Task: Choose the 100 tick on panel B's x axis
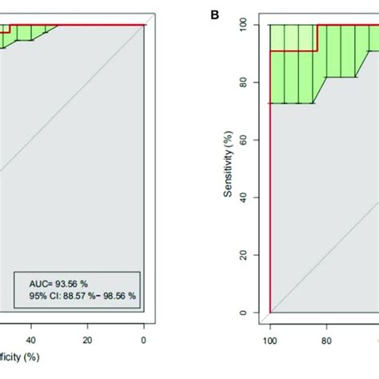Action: point(270,338)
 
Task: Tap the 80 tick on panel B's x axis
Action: point(326,338)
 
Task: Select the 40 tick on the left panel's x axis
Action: point(31,338)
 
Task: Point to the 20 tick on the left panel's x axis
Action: point(88,338)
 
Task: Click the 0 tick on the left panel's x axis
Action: point(144,338)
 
